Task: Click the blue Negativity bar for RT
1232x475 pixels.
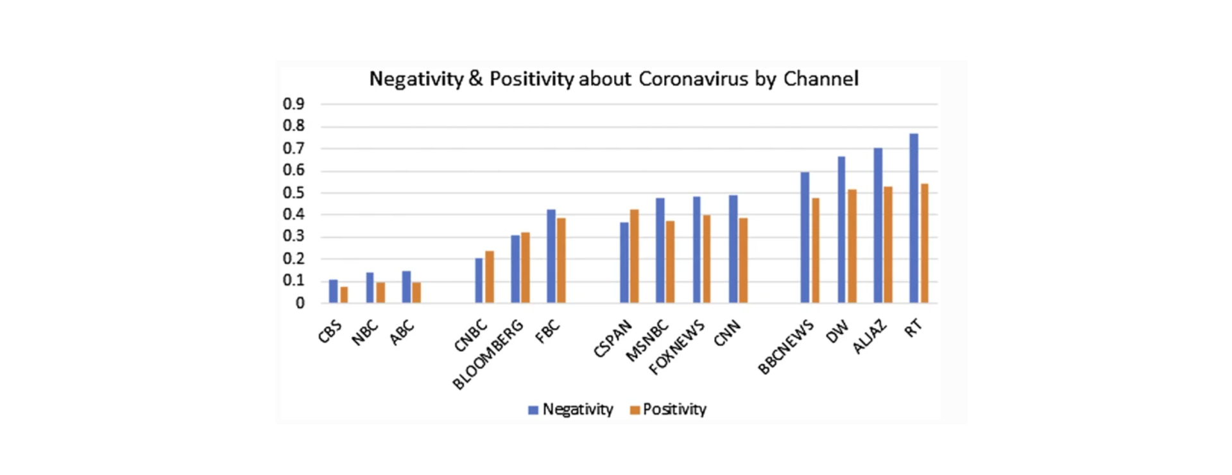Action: [914, 218]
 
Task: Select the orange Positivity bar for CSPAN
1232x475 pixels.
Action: [634, 256]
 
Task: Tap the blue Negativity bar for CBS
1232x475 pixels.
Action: [333, 291]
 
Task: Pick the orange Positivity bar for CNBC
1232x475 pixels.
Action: [490, 277]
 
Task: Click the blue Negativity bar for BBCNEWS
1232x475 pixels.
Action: [805, 237]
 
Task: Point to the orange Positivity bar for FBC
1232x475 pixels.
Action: [561, 261]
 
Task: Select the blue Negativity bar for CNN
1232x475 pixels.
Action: [733, 249]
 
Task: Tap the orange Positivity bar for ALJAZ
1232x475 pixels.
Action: [888, 245]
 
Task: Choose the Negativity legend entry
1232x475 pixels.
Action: [570, 410]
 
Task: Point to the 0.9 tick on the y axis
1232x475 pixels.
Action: [294, 104]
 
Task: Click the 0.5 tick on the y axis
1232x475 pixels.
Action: [294, 193]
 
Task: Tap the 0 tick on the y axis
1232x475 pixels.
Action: [300, 303]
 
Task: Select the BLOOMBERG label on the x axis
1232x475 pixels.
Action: [488, 355]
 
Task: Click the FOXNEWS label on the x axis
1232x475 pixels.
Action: [676, 347]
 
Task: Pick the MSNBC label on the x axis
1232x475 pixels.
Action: [647, 341]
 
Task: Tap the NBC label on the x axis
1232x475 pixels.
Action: [364, 333]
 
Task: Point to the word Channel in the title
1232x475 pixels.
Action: [821, 79]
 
